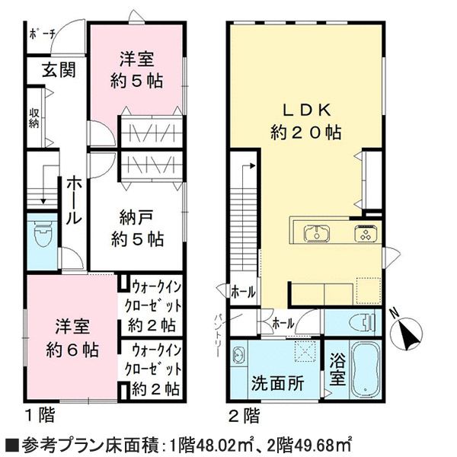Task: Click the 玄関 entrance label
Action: [59, 70]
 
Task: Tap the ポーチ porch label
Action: [43, 35]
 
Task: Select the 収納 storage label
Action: [34, 119]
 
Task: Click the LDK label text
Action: [307, 110]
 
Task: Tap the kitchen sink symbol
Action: [317, 234]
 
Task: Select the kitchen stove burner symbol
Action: [366, 234]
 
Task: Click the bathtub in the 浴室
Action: [366, 369]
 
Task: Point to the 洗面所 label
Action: [278, 383]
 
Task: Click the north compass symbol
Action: [407, 332]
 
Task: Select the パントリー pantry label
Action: [219, 335]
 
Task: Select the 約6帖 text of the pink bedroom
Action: [72, 350]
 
